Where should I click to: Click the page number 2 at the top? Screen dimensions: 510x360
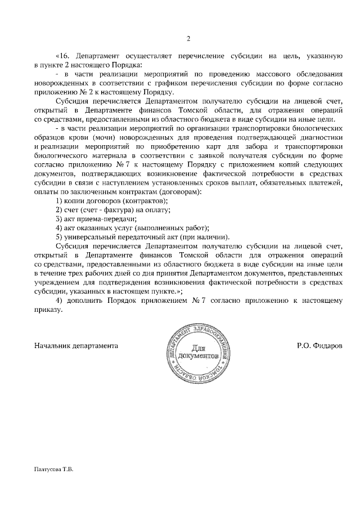click(188, 39)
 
